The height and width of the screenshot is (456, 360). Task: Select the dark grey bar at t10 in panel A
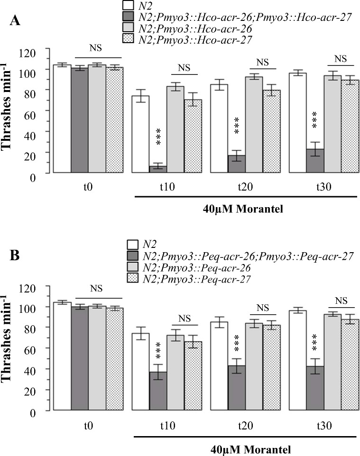pyautogui.click(x=157, y=169)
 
